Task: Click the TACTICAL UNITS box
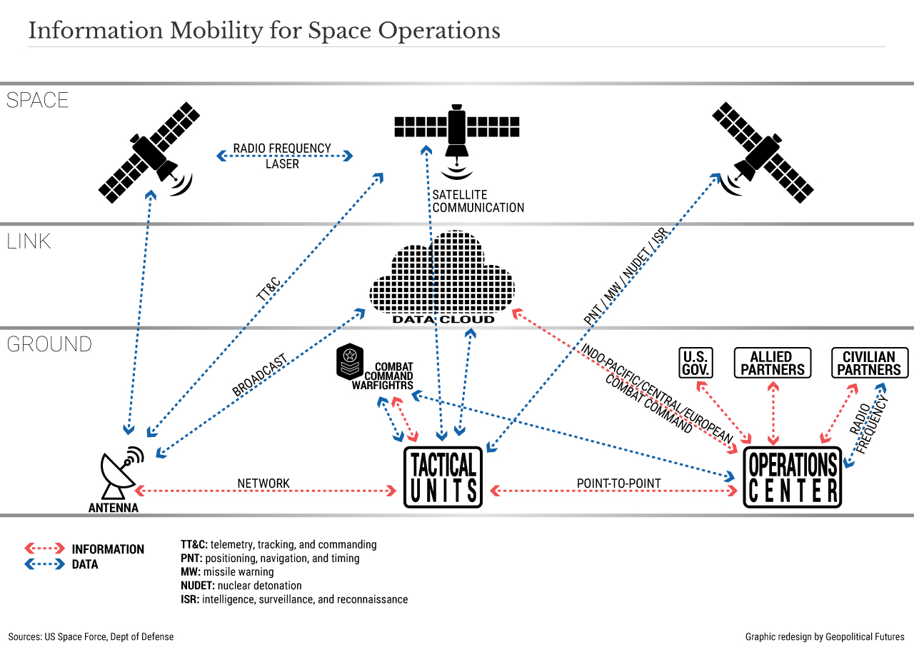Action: tap(443, 477)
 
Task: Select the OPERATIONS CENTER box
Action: tap(793, 477)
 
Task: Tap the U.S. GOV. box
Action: tap(695, 363)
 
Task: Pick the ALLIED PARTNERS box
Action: tap(773, 363)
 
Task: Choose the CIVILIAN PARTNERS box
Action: tap(869, 363)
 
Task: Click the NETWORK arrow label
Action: tap(263, 483)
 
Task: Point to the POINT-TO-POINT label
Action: tap(618, 483)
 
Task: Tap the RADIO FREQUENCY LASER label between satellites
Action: tap(283, 156)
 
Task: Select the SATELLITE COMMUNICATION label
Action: tap(478, 201)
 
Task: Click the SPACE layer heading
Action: tap(37, 100)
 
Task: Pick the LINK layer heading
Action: tap(29, 241)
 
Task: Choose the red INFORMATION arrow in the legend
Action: tap(45, 549)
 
